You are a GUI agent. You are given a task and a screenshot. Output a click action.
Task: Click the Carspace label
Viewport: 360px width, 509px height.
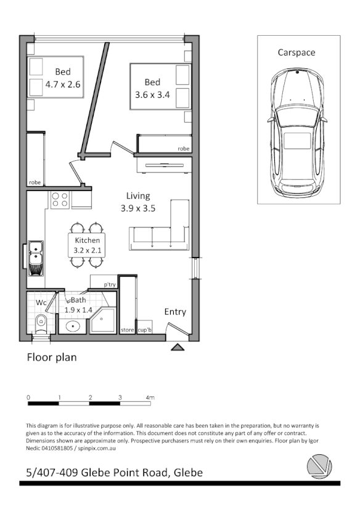296,52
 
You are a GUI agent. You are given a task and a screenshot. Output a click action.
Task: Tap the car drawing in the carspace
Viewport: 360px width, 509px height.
297,132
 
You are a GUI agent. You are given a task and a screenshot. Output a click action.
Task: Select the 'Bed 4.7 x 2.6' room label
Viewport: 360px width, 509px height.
63,78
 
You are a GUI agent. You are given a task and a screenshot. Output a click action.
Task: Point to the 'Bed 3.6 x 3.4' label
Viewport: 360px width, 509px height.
152,89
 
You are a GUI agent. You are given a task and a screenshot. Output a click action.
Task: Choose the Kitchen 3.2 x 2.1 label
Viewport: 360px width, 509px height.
87,245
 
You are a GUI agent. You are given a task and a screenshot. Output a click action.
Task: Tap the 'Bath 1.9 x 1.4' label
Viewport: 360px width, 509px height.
78,305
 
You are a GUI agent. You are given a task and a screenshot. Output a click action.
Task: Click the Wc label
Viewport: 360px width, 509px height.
41,303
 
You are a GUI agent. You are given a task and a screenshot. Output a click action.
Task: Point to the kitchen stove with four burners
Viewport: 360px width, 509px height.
60,200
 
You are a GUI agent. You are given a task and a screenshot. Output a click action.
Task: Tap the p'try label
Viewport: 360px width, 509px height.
110,285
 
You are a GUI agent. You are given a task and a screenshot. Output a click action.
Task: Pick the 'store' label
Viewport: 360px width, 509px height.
127,330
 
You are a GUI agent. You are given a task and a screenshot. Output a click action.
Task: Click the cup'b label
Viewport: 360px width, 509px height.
145,330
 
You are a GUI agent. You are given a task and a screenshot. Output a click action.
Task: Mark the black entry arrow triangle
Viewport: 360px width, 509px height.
178,348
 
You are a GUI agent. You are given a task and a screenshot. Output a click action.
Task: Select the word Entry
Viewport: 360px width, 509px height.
175,312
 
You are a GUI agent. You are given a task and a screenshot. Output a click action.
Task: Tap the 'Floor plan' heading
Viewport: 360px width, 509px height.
52,357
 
